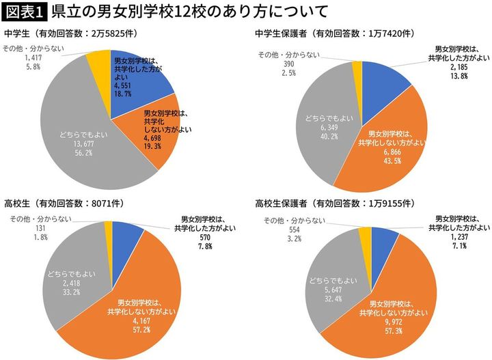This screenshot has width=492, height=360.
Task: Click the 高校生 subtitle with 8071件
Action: click(x=59, y=202)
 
